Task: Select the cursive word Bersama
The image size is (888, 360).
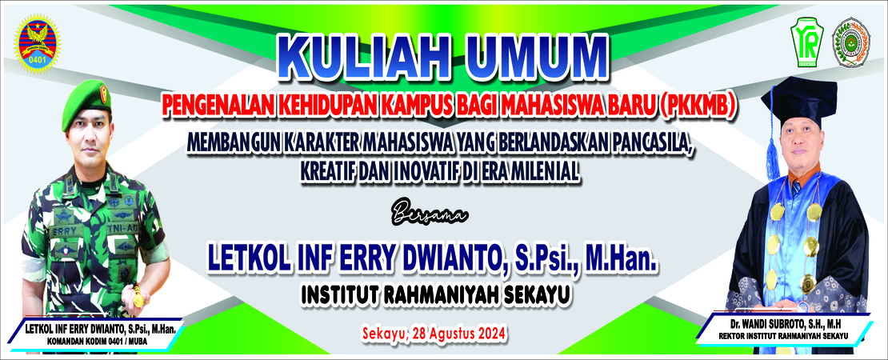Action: [430, 216]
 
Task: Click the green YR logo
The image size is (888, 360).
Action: [806, 42]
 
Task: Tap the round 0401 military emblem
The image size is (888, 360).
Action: [38, 44]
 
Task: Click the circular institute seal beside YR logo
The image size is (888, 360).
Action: [850, 42]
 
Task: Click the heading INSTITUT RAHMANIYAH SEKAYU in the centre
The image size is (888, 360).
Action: [435, 294]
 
